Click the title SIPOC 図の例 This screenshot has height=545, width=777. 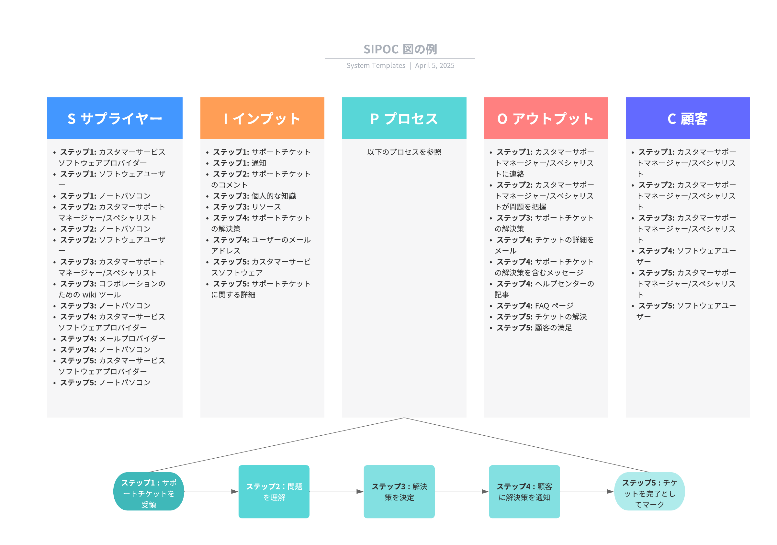[400, 49]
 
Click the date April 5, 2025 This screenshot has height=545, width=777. [434, 66]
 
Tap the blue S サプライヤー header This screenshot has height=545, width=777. [115, 118]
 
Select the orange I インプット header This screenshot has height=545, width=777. [262, 118]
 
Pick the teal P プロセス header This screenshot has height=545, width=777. [404, 118]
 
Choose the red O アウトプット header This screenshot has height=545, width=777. [546, 118]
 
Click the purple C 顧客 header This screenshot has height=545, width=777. [687, 118]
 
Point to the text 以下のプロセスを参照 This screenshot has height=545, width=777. [404, 152]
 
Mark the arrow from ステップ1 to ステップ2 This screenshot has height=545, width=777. [211, 492]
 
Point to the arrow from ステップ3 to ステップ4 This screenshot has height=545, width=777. [462, 492]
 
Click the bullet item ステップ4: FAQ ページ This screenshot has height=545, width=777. [535, 306]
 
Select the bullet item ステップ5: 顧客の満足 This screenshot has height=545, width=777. [534, 328]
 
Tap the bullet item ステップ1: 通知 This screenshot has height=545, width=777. [239, 163]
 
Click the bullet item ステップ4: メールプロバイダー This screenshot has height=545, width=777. [112, 339]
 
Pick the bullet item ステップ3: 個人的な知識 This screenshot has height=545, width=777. [254, 196]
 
